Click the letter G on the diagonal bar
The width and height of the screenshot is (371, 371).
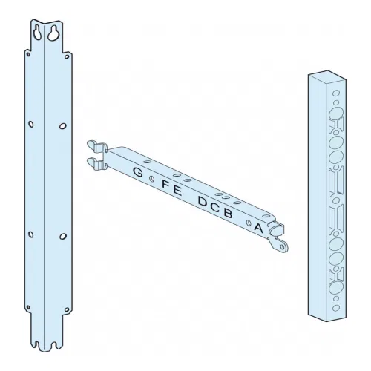138,172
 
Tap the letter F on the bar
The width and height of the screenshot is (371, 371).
165,184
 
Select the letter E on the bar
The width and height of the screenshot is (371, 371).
177,191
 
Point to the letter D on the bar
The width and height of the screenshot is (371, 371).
203,201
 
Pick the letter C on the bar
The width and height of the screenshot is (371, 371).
215,207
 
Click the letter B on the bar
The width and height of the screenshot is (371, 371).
228,213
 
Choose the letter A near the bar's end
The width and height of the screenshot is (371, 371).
258,228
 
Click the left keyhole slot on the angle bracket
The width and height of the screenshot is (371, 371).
37,33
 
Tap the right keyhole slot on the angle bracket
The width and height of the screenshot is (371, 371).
53,33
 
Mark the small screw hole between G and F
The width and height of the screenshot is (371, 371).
152,178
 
